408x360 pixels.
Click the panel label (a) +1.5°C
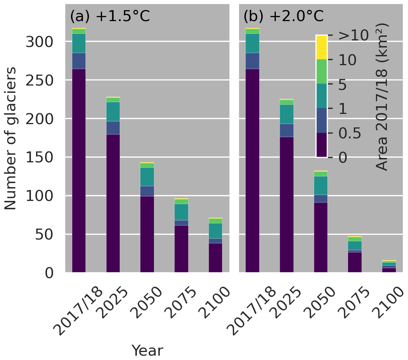click(x=110, y=17)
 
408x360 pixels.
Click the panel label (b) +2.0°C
click(x=283, y=17)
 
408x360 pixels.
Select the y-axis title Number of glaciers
click(x=11, y=138)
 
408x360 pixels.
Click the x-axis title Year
click(x=147, y=351)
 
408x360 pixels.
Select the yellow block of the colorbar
click(x=321, y=47)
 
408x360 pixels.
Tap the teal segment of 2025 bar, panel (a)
click(x=113, y=112)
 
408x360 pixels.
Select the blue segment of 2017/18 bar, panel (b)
click(x=252, y=61)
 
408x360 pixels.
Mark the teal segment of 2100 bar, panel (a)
click(x=215, y=231)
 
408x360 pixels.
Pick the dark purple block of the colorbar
click(x=321, y=145)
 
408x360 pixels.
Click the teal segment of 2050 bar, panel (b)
click(x=321, y=185)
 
